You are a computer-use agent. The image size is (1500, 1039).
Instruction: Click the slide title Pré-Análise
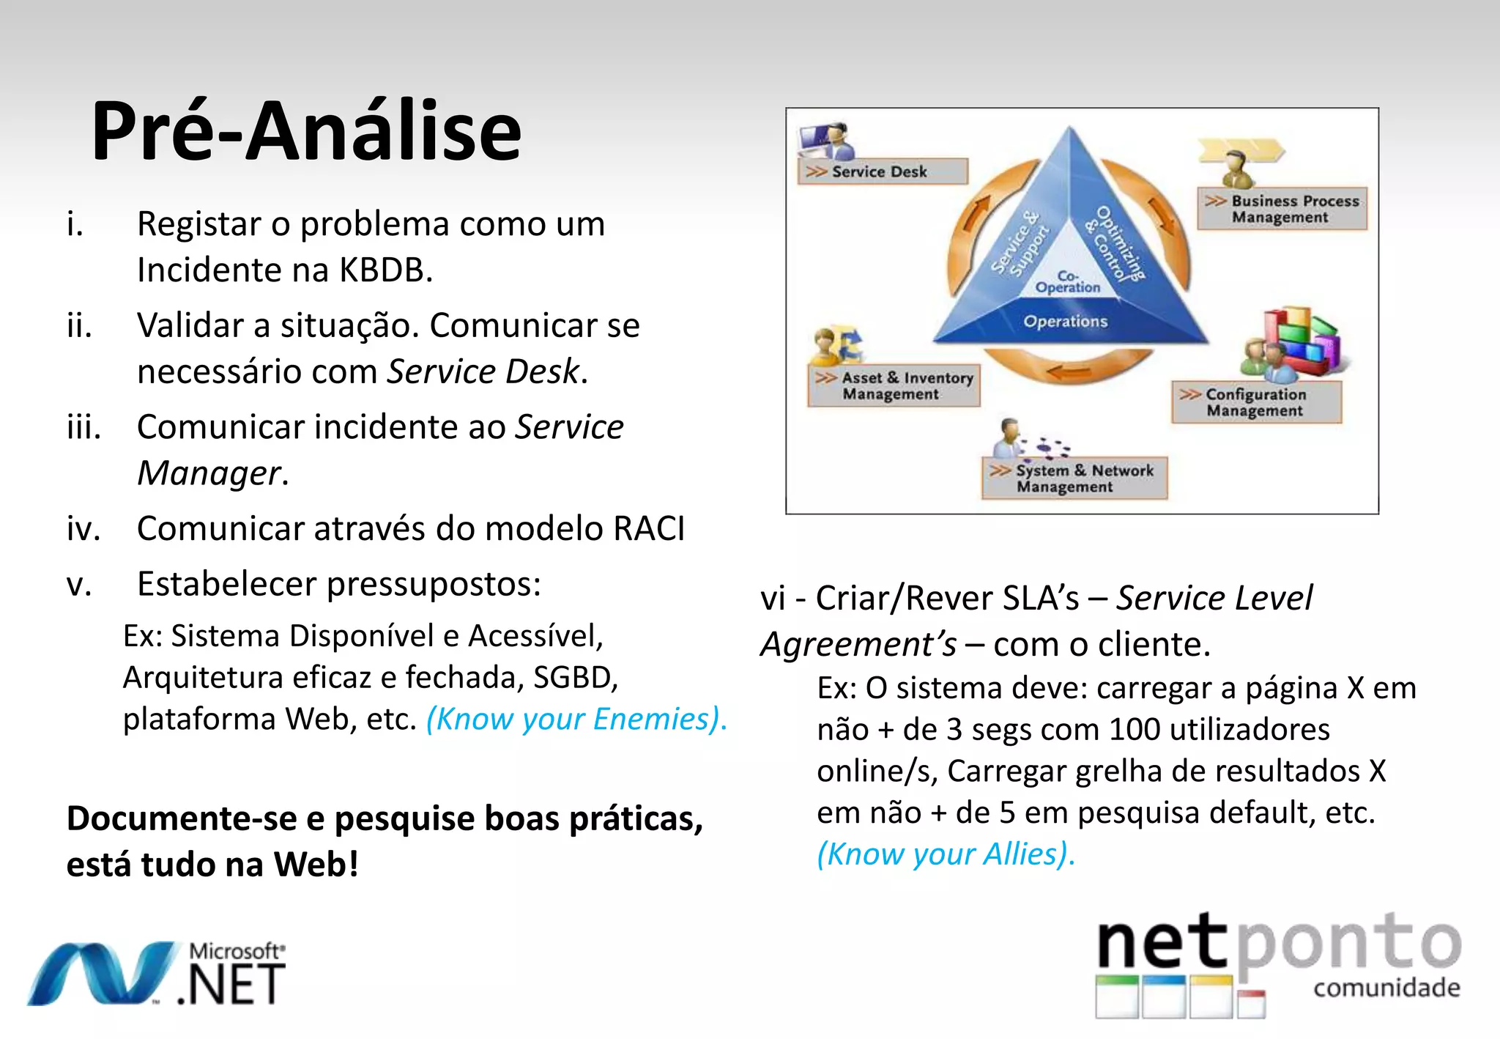[x=306, y=132]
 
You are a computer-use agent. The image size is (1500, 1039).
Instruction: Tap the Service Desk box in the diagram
[x=882, y=171]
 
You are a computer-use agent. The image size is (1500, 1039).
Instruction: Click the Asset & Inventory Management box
[x=894, y=385]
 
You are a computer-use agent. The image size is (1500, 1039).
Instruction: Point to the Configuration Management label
[x=1256, y=402]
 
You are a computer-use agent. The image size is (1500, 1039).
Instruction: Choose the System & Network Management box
[x=1074, y=478]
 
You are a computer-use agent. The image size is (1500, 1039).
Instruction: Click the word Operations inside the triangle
[x=1066, y=321]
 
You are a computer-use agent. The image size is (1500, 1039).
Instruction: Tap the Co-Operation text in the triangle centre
[x=1068, y=282]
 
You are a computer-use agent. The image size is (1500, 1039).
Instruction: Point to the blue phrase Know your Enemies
[x=576, y=719]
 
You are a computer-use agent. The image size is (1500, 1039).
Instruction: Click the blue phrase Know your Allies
[x=946, y=854]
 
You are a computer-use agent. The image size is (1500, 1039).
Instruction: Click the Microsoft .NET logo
[x=157, y=973]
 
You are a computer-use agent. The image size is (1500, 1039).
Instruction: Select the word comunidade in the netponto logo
[x=1386, y=988]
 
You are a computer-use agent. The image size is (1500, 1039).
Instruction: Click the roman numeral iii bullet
[x=83, y=427]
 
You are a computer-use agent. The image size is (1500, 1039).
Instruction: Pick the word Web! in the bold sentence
[x=316, y=865]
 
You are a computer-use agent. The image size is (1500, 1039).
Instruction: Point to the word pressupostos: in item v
[x=434, y=585]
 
